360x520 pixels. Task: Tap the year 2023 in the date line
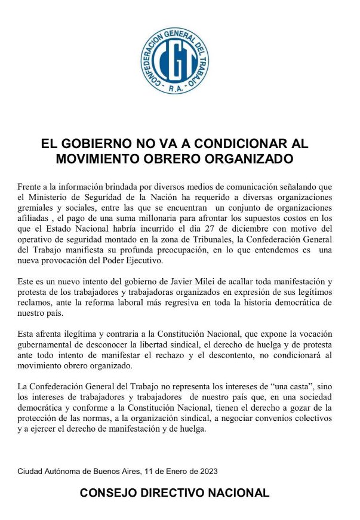[207, 472]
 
